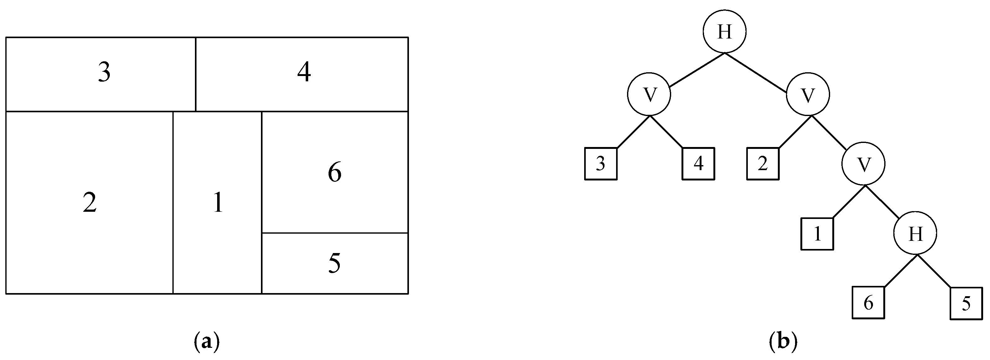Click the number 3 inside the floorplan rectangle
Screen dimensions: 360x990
(104, 72)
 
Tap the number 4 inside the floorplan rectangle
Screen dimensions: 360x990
(304, 72)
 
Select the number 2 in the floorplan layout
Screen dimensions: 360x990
(89, 203)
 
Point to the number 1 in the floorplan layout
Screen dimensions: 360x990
(218, 203)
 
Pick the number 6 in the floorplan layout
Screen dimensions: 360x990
(334, 173)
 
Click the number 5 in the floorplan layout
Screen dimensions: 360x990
(334, 264)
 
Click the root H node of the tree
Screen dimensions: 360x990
(724, 32)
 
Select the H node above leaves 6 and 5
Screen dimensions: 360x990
(915, 233)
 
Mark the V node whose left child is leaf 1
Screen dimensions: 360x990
(864, 164)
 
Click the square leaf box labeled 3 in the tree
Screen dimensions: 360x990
(601, 164)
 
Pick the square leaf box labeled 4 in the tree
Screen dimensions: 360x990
(698, 164)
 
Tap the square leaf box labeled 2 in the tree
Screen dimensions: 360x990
(763, 164)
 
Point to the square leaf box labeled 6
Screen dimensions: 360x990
(869, 303)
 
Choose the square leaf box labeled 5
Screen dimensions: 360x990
(966, 303)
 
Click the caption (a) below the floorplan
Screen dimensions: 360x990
(207, 341)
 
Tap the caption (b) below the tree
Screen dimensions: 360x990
(783, 341)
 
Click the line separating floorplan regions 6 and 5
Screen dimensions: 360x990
(334, 233)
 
